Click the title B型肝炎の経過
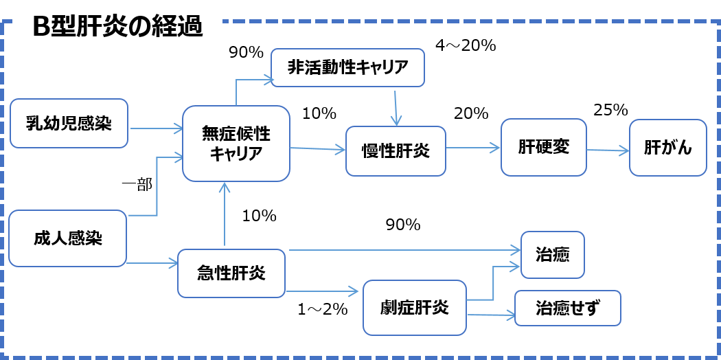point(117,27)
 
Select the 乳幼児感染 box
point(69,124)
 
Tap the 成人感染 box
point(67,238)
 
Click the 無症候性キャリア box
point(236,144)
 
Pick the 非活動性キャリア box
point(347,67)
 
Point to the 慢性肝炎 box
point(396,150)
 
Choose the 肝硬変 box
point(543,147)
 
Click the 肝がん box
point(667,148)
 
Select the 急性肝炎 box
point(231,273)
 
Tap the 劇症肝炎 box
point(414,306)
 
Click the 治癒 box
point(552,254)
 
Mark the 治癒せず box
point(567,308)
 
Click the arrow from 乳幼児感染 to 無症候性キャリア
point(155,128)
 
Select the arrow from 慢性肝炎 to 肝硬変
point(473,147)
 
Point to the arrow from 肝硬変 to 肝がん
point(608,149)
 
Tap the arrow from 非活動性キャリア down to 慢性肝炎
point(396,106)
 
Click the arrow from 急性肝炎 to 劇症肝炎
point(323,292)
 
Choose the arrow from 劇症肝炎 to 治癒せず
point(490,315)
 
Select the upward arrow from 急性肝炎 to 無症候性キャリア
point(225,213)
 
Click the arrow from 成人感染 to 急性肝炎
point(152,262)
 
